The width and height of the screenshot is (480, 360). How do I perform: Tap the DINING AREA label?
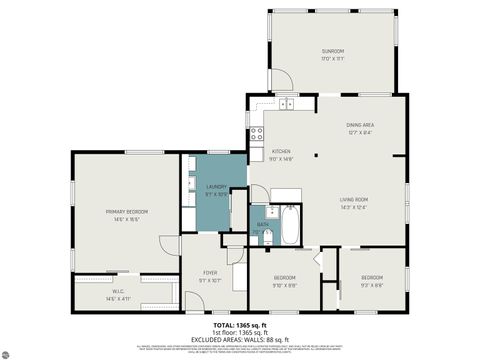(361, 126)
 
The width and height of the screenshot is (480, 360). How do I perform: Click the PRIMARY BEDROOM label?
(127, 214)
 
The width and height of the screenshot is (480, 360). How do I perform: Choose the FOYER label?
(209, 275)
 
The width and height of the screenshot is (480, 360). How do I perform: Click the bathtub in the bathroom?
(289, 226)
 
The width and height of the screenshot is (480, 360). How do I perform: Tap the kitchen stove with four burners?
(256, 134)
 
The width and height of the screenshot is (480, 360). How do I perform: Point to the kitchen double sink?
(287, 103)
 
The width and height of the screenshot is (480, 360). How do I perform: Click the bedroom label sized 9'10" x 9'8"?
(285, 279)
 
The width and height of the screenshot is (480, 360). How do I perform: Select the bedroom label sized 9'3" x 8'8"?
(372, 279)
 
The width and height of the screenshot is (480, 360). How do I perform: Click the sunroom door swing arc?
(281, 80)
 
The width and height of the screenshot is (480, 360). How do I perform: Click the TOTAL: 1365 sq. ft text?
(240, 325)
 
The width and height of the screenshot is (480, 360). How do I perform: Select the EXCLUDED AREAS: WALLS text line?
(240, 339)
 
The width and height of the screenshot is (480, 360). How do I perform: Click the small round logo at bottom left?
(10, 350)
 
